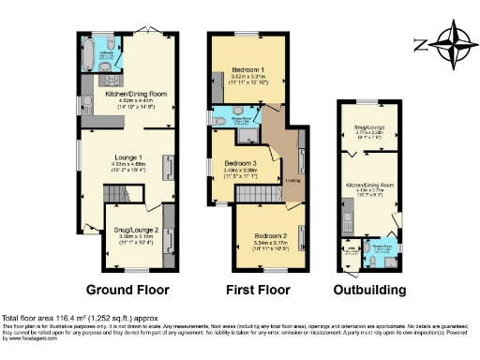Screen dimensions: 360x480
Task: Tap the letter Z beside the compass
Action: click(419, 44)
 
